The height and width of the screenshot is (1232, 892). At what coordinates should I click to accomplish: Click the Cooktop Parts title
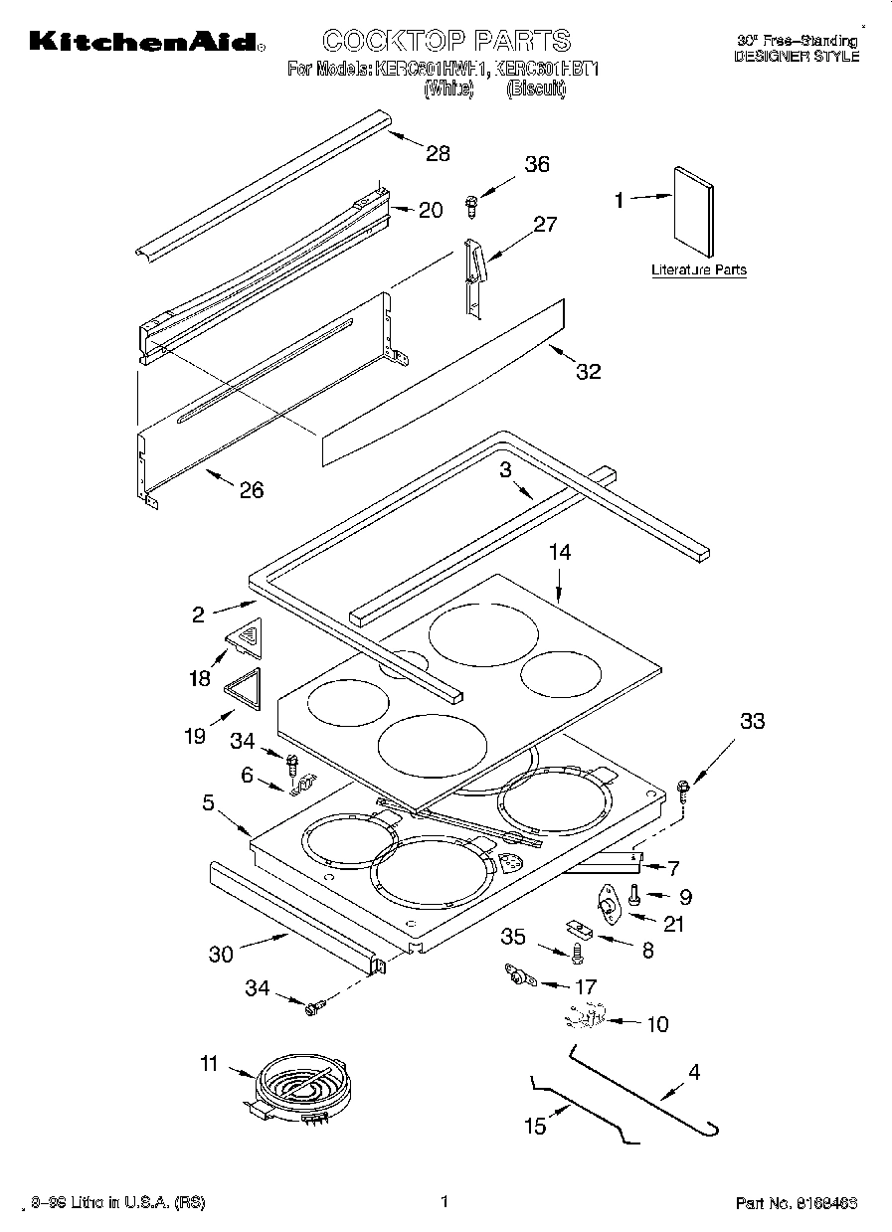(446, 41)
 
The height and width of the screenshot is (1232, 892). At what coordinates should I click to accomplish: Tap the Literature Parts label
(698, 269)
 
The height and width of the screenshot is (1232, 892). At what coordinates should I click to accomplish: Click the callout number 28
(438, 153)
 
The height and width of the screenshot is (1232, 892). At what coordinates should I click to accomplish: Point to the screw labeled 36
(472, 206)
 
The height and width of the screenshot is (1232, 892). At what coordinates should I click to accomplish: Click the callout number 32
(589, 372)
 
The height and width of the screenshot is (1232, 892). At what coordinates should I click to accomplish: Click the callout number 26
(252, 489)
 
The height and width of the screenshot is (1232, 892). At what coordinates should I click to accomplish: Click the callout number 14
(560, 553)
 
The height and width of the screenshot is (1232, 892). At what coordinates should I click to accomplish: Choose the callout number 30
(221, 954)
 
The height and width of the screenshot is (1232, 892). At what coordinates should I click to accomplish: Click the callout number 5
(208, 801)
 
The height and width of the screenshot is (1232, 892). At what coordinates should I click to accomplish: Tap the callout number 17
(586, 987)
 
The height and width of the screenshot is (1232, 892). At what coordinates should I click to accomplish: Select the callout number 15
(535, 1126)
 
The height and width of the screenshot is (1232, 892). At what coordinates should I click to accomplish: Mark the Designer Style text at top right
(796, 57)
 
